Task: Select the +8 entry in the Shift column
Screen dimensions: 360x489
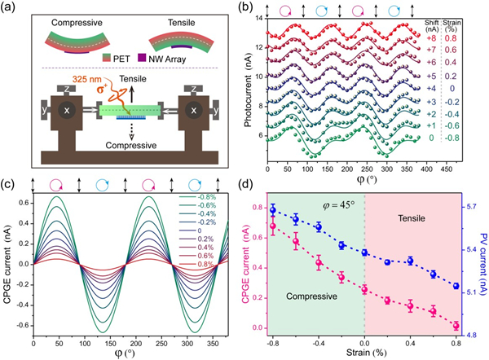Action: tap(431, 39)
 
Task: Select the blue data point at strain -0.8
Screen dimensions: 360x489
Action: tap(274, 210)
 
